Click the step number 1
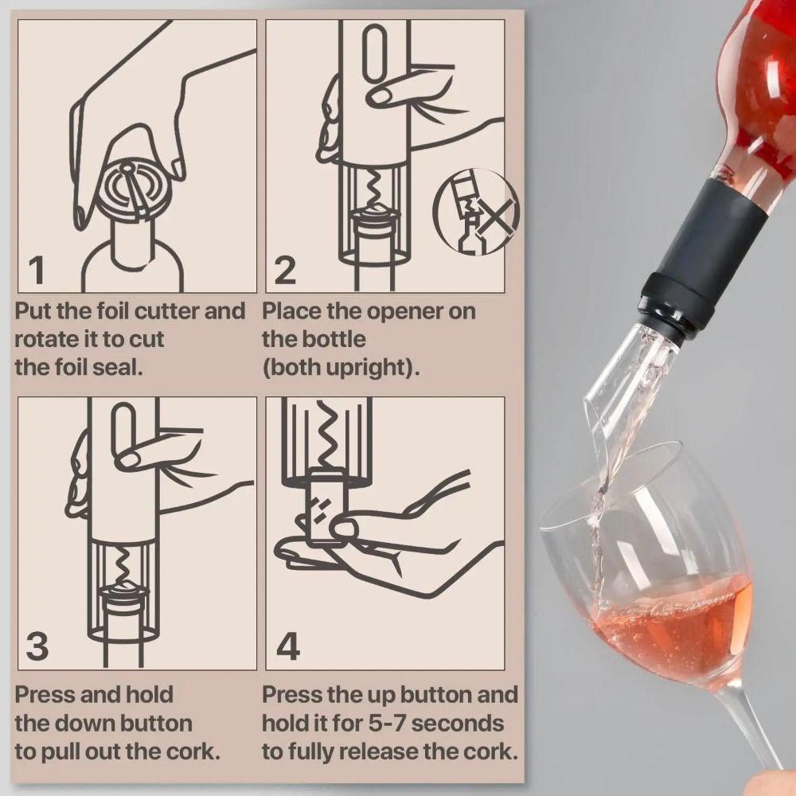point(36,271)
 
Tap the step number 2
point(285,271)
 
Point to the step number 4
point(287,646)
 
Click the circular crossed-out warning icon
point(475,212)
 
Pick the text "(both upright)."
point(341,369)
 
